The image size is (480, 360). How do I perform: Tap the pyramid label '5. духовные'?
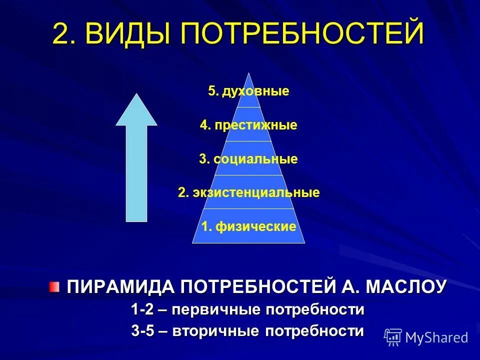coord(248,91)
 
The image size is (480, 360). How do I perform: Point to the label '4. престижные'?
coord(248,125)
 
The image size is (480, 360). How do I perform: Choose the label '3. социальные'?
coord(248,159)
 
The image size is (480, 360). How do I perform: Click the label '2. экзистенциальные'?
coord(248,192)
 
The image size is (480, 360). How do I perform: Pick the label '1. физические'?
coord(248,226)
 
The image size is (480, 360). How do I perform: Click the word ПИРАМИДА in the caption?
coord(120,287)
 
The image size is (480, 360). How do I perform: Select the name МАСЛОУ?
coord(406,287)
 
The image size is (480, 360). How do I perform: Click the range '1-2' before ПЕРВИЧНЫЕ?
coord(142,309)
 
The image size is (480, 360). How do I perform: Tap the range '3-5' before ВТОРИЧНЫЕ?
coord(142,331)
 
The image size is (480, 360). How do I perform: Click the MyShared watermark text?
coord(436,337)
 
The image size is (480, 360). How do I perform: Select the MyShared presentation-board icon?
coord(393,337)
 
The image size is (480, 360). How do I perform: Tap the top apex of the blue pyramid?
coord(248,74)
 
